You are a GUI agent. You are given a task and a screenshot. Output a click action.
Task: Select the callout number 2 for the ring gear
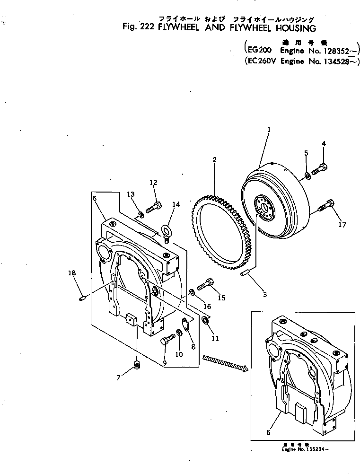(214, 160)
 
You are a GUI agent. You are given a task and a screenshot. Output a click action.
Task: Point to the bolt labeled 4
(322, 167)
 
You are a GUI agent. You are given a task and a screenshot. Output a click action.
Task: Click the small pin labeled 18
(82, 298)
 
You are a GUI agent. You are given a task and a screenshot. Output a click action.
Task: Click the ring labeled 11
(205, 321)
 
